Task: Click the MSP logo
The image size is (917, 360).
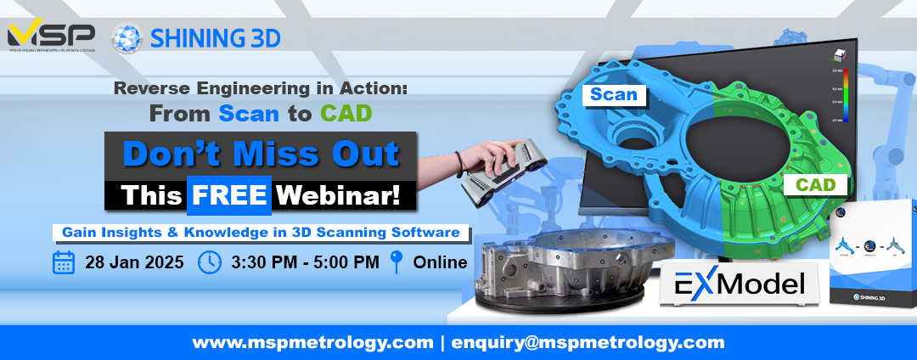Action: click(x=50, y=37)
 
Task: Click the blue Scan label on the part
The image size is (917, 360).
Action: click(x=614, y=94)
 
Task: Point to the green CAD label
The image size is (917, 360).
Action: click(x=815, y=184)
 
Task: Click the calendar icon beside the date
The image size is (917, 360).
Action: click(x=64, y=262)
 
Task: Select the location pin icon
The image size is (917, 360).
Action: click(x=396, y=262)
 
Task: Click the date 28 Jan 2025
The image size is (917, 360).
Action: click(x=134, y=262)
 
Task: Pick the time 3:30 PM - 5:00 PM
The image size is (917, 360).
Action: click(x=305, y=262)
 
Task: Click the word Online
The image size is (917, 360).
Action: click(x=440, y=262)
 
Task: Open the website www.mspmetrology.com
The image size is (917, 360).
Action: click(x=312, y=343)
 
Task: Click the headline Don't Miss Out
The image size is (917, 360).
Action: click(x=261, y=154)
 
